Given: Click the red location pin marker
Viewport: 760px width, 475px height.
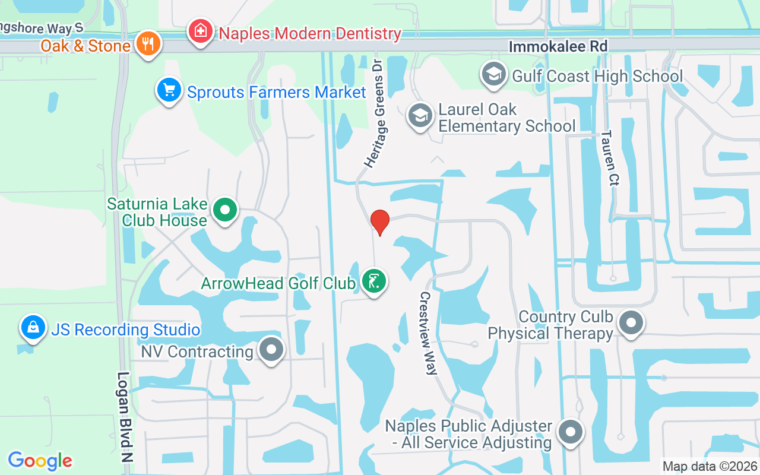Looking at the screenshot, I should click(x=380, y=222).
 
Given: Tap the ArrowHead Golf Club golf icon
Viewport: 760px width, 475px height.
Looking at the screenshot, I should click(x=374, y=281).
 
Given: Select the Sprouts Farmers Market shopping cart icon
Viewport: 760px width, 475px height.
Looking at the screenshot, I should click(x=169, y=90).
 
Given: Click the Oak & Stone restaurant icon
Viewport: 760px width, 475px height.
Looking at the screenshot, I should click(x=147, y=43).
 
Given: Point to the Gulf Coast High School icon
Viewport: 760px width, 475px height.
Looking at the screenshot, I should click(x=493, y=75).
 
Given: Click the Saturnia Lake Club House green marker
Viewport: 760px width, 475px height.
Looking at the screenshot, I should click(x=225, y=210).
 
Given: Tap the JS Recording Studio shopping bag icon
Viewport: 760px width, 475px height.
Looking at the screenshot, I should click(x=33, y=327).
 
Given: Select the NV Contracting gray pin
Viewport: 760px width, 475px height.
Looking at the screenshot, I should click(x=272, y=349).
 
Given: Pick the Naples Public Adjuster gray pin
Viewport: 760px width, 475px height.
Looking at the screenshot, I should click(x=571, y=432).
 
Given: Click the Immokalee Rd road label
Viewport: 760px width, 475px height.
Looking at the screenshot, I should click(x=558, y=46).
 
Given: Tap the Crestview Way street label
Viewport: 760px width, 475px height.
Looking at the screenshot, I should click(x=429, y=333).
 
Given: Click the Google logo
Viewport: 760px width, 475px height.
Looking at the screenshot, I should click(x=40, y=460).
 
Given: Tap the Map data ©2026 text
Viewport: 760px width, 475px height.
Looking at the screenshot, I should click(x=709, y=466).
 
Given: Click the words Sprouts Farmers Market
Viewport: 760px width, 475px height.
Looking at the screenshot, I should click(x=277, y=93).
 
